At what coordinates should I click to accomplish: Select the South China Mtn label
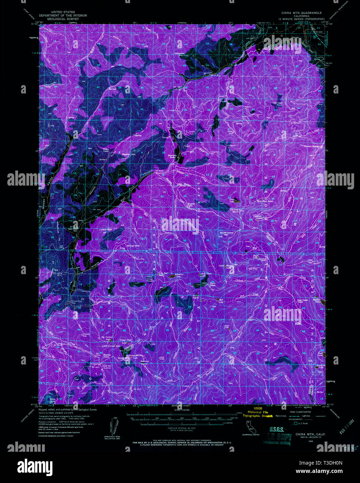click(227, 233)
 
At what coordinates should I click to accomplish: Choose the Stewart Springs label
click(311, 146)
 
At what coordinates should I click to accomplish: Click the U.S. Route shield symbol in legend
click(295, 423)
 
